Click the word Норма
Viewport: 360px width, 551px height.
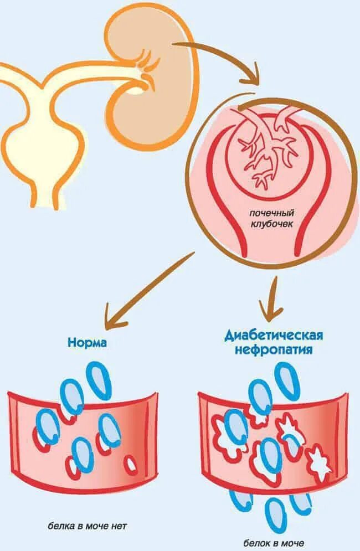[87, 343]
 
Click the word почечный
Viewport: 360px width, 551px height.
[271, 213]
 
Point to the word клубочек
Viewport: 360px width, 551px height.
[271, 224]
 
